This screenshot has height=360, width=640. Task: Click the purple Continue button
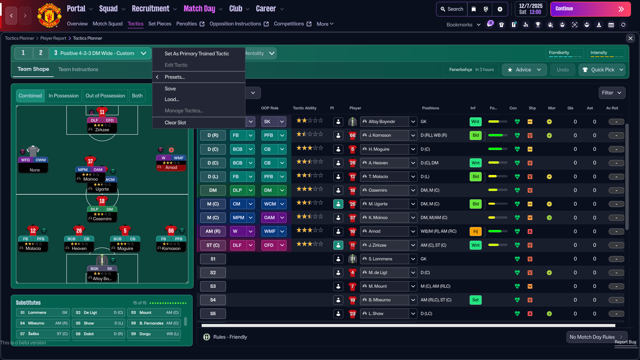point(590,9)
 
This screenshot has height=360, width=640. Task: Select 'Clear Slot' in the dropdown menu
point(175,123)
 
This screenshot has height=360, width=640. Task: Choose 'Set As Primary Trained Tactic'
point(197,54)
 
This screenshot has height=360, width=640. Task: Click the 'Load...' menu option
point(172,99)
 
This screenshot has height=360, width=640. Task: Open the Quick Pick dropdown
point(602,70)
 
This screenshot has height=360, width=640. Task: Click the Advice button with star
point(524,70)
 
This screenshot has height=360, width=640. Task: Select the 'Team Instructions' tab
point(78,69)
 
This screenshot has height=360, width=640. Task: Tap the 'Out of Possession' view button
point(105,96)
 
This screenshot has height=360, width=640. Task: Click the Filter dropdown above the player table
point(612,93)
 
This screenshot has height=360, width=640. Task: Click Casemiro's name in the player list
point(378,190)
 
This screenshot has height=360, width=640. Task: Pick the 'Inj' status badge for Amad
point(475,231)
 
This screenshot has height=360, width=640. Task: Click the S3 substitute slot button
point(213,286)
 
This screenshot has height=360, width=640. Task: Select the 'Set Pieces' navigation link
point(160,24)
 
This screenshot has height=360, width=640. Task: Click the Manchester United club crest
point(49,15)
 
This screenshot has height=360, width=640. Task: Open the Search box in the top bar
point(452,9)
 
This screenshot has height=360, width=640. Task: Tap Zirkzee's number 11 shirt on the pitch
point(102,112)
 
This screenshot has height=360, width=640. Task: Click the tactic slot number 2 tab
point(41,53)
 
